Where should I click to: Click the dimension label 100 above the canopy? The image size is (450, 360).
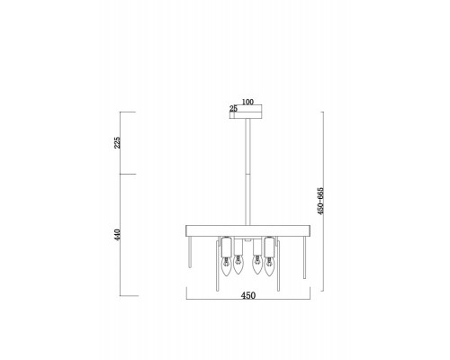click(x=247, y=102)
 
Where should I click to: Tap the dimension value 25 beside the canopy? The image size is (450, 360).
click(x=233, y=109)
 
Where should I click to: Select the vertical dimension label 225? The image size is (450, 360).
click(x=117, y=142)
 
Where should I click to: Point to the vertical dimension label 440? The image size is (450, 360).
click(x=117, y=235)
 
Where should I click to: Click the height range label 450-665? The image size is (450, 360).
click(x=320, y=201)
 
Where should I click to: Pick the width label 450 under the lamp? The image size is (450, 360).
click(x=248, y=295)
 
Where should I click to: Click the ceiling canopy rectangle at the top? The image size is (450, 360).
click(x=246, y=115)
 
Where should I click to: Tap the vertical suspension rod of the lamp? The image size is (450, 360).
click(x=247, y=172)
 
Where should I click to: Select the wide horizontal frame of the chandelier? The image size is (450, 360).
click(x=248, y=230)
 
